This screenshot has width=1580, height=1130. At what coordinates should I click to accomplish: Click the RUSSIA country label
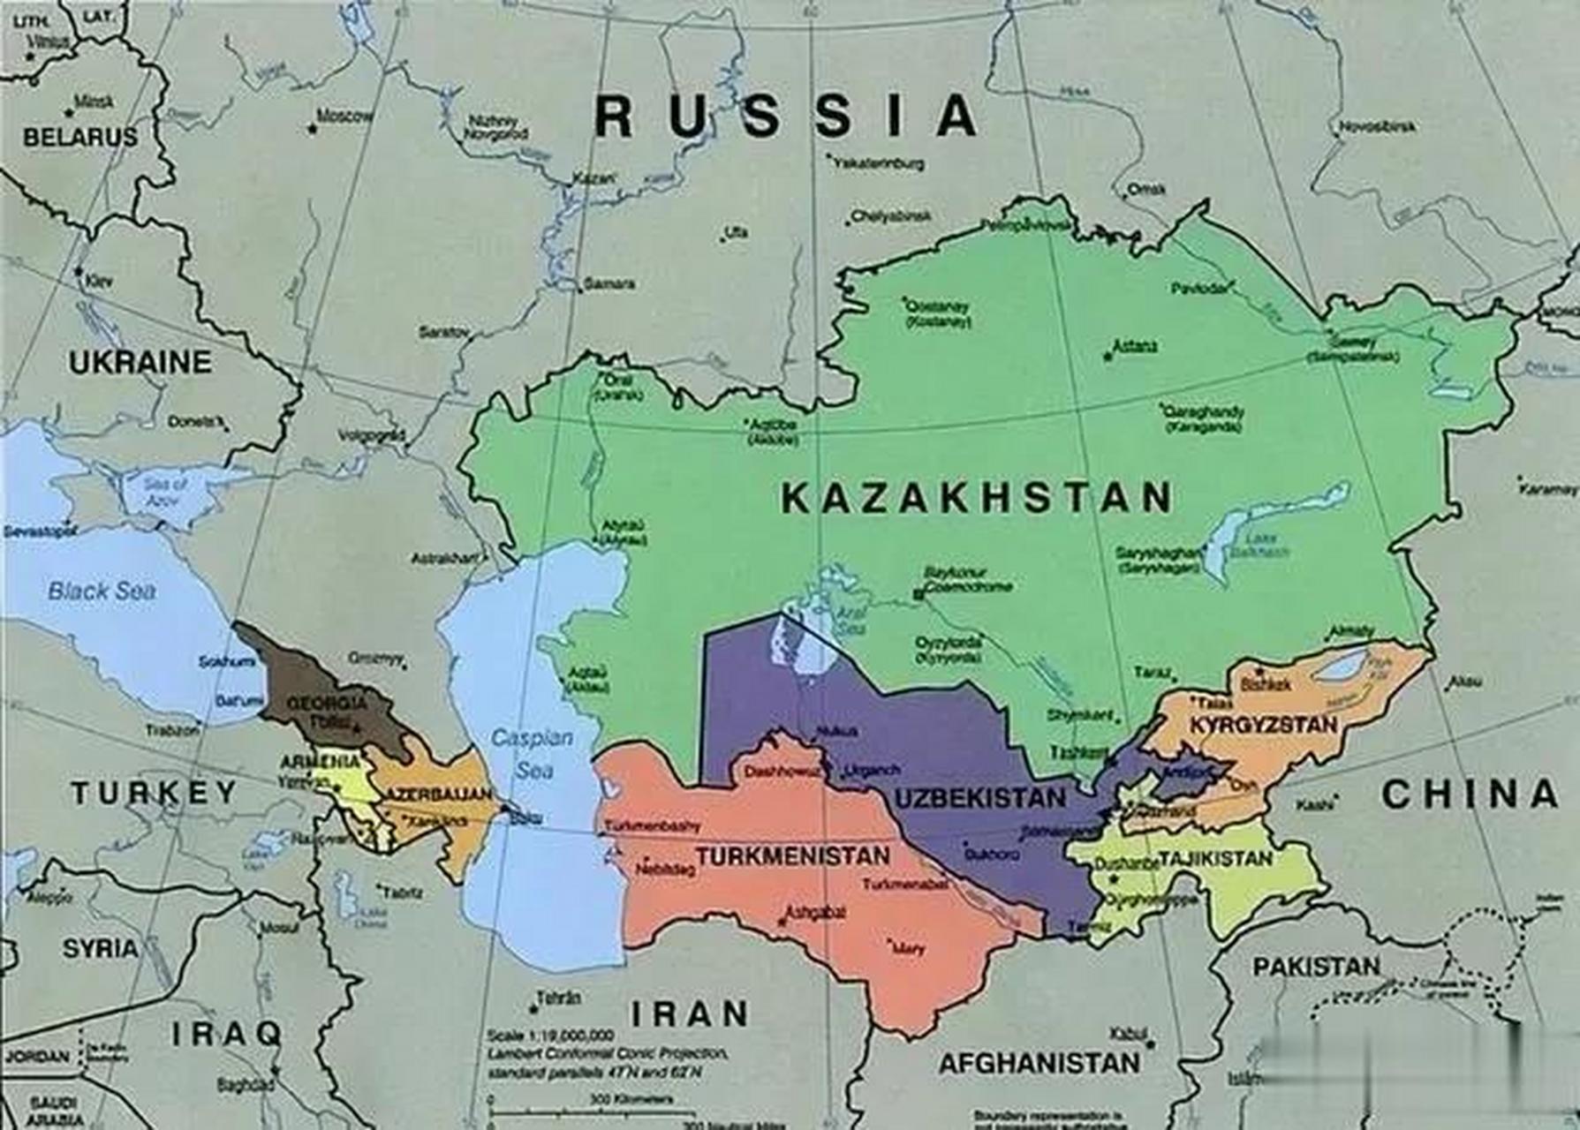(x=786, y=117)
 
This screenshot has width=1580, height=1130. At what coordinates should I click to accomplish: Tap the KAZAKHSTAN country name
(x=977, y=499)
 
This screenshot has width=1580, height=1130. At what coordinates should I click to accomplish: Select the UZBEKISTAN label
(x=980, y=799)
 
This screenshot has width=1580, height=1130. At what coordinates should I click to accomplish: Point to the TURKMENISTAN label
(x=792, y=856)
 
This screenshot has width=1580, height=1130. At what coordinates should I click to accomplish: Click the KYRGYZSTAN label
(x=1263, y=726)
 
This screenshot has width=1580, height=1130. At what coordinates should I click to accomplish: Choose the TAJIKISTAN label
(x=1215, y=858)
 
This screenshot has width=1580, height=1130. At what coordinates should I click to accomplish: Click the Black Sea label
(x=102, y=591)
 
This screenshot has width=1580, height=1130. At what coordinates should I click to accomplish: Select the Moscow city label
(x=344, y=117)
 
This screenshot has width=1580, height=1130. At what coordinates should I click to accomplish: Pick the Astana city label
(x=1135, y=347)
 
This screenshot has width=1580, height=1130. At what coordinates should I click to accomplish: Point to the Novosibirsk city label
(x=1378, y=127)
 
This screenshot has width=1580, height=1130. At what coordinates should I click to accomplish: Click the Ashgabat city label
(x=814, y=912)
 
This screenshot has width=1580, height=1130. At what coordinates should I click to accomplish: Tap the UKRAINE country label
(x=140, y=362)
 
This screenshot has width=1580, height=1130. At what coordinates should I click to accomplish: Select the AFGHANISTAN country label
(x=1038, y=1064)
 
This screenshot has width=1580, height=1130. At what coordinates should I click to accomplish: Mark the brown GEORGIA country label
(x=327, y=704)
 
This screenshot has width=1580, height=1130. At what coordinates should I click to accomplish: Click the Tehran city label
(x=558, y=999)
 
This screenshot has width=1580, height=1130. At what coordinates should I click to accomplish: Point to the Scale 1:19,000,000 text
(x=548, y=1035)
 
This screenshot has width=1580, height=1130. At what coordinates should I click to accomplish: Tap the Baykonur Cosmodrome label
(x=965, y=580)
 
